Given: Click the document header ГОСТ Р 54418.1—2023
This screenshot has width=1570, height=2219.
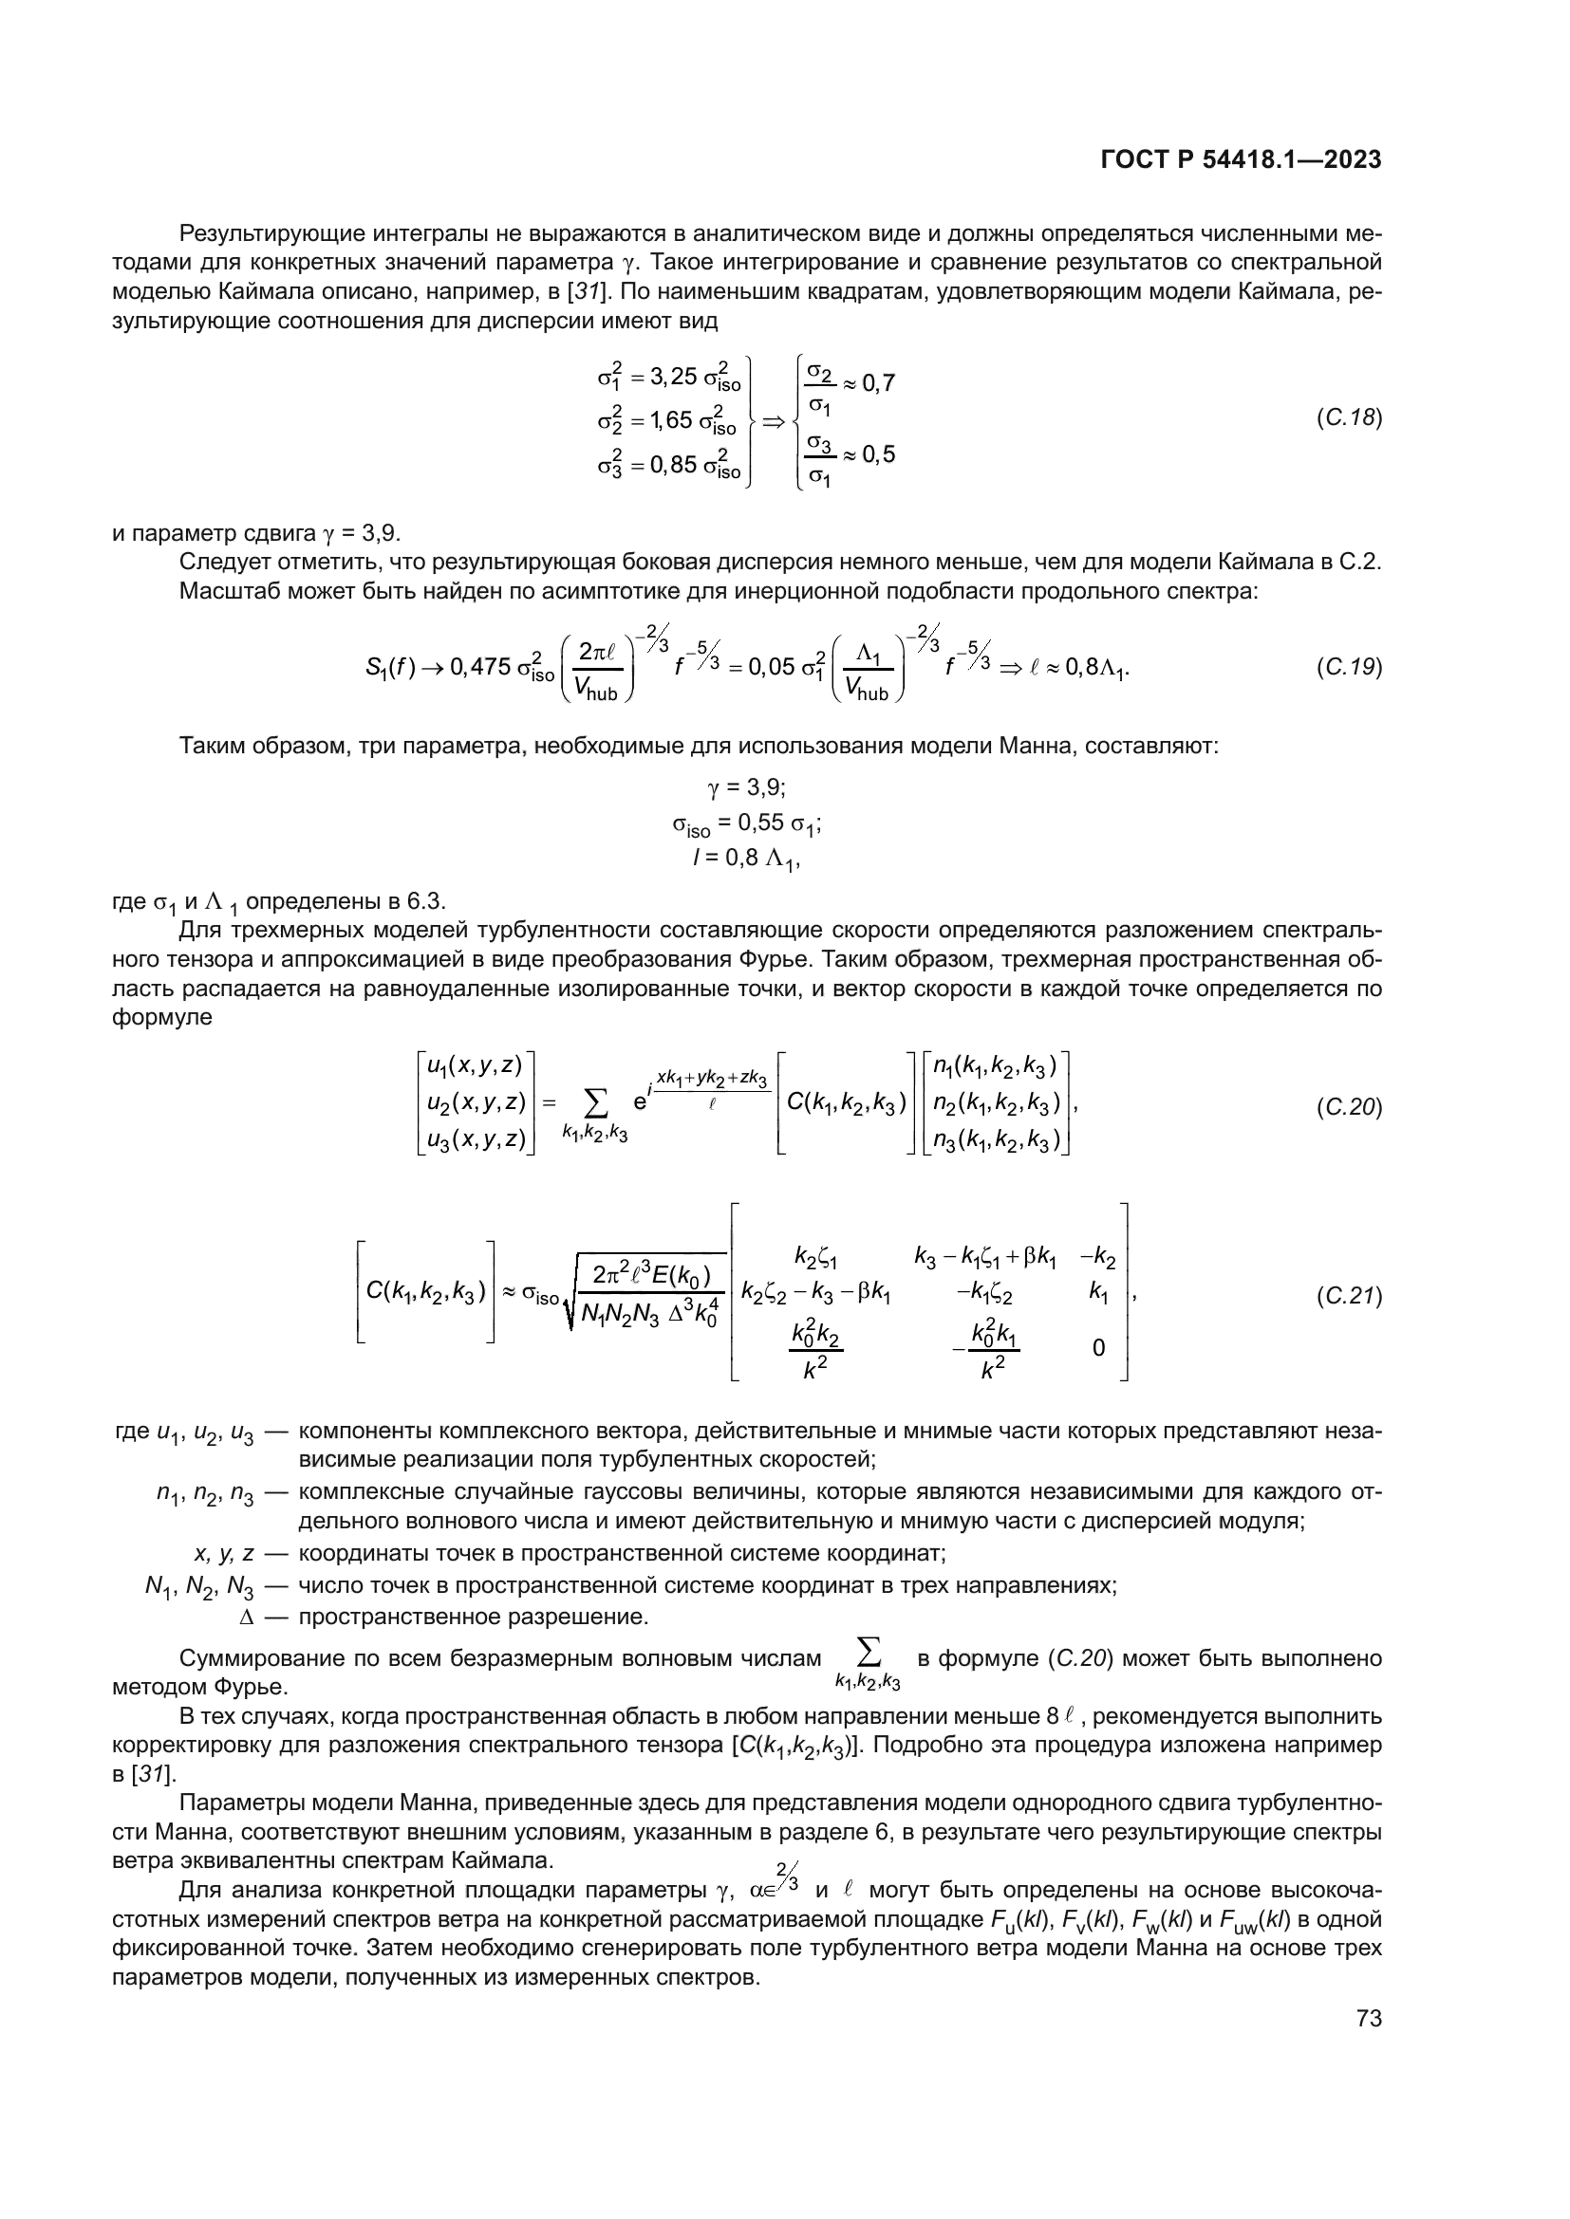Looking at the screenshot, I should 1241,160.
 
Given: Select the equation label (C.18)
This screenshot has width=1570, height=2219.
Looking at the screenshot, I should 1349,418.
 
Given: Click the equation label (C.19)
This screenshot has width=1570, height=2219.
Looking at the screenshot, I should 1349,667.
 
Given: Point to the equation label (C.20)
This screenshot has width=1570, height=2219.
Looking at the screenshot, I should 1349,1107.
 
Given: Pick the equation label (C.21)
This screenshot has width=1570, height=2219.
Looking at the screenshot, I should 1349,1296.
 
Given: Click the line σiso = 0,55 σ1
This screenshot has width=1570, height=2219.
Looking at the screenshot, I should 746,824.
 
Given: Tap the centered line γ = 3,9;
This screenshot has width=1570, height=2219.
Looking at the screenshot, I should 746,787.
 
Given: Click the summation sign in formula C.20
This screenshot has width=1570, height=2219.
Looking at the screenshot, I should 596,1101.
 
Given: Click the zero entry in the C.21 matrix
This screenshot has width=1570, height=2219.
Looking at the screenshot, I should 1098,1347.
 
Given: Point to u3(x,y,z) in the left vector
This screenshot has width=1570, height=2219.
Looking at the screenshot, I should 476,1140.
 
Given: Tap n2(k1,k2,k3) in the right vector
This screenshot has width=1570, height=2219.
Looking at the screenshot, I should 996,1102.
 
